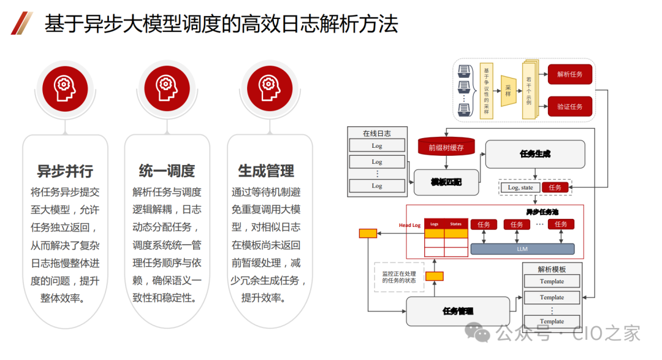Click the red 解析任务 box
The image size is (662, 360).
569,74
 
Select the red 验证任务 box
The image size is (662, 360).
569,107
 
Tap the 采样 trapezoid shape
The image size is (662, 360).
508,90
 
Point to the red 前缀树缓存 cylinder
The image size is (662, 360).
446,147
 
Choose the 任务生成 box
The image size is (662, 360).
535,154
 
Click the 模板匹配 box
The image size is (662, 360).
446,182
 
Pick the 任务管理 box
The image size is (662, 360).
458,311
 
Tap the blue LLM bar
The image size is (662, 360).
522,248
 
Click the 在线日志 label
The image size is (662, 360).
376,133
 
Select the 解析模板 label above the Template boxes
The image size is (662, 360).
552,269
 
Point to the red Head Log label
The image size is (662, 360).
409,225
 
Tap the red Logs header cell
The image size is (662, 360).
435,224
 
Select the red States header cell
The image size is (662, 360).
455,224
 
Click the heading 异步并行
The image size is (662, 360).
65,170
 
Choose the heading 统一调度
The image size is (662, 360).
167,170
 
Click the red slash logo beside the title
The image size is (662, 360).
21,23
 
